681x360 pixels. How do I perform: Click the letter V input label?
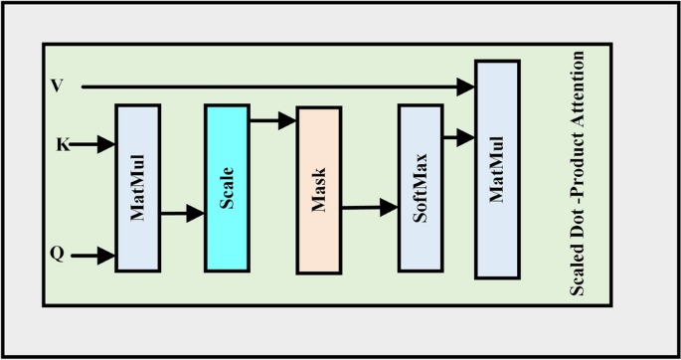[57, 87]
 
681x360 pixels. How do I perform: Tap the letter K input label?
[62, 145]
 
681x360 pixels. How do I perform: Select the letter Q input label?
[58, 255]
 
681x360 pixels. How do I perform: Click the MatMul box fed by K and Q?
[137, 187]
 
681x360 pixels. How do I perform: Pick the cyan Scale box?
[226, 187]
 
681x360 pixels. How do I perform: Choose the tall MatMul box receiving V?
[498, 169]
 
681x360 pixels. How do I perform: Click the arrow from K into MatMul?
[95, 145]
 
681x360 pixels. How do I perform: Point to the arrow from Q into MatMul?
[95, 256]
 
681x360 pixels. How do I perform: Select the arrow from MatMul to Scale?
[182, 213]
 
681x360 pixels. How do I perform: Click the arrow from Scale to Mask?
[272, 121]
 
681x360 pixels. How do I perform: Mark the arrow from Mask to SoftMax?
[370, 209]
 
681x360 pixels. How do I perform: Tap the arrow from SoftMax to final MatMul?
[458, 138]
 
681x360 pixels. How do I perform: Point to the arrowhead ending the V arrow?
[467, 88]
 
